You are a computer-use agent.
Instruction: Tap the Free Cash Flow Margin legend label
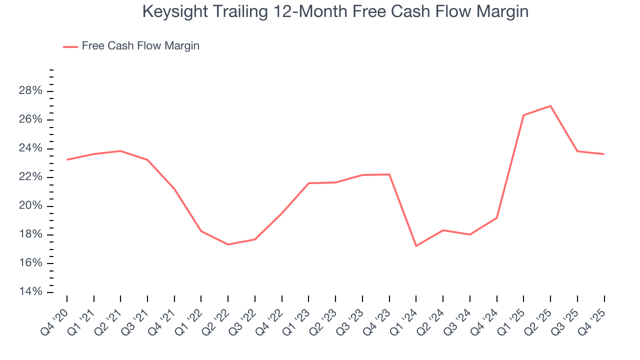(x=140, y=46)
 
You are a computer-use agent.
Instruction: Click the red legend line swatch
(x=70, y=46)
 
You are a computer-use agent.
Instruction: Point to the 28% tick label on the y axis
(x=30, y=91)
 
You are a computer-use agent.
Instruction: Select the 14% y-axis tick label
(x=30, y=292)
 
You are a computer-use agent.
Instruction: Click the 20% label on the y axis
(x=30, y=206)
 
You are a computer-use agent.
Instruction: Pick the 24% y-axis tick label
(x=30, y=148)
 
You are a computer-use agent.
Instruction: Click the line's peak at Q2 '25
(x=550, y=106)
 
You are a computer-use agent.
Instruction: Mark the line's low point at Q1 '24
(x=416, y=246)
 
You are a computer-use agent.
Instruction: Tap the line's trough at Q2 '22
(x=228, y=244)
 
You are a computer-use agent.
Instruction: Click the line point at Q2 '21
(x=120, y=151)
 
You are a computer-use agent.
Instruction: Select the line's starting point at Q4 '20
(x=67, y=160)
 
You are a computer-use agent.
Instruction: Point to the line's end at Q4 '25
(x=604, y=154)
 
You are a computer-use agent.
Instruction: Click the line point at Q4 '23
(x=389, y=174)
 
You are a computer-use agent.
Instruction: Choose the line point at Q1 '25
(x=523, y=115)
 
